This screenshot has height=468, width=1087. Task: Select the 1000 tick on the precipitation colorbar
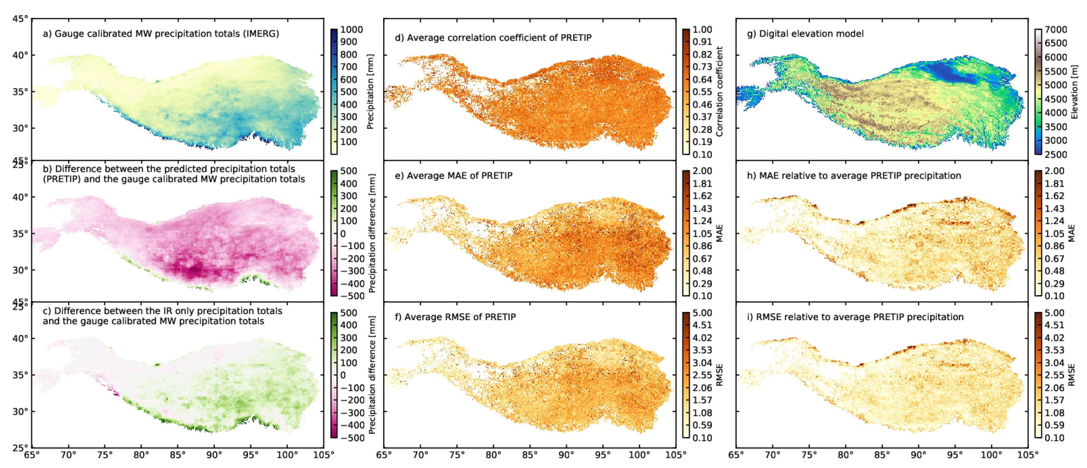pyautogui.click(x=351, y=29)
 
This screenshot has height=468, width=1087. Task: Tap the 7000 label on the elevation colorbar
pyautogui.click(x=1055, y=29)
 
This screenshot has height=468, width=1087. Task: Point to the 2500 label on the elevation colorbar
pyautogui.click(x=1055, y=155)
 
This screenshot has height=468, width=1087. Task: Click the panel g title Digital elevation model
pyautogui.click(x=805, y=33)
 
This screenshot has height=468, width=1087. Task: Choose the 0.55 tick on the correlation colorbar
pyautogui.click(x=702, y=92)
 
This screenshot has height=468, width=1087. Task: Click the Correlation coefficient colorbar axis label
pyautogui.click(x=720, y=92)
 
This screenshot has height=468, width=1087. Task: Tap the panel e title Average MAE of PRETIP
pyautogui.click(x=454, y=176)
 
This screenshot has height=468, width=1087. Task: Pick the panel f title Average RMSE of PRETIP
pyautogui.click(x=455, y=317)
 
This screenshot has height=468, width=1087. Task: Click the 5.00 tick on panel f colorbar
pyautogui.click(x=702, y=313)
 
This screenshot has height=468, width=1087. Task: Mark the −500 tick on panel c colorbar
pyautogui.click(x=352, y=438)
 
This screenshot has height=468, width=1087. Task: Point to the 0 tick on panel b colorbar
pyautogui.click(x=343, y=233)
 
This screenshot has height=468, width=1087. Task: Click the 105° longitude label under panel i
pyautogui.click(x=1027, y=455)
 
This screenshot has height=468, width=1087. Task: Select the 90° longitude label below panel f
pyautogui.click(x=566, y=455)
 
